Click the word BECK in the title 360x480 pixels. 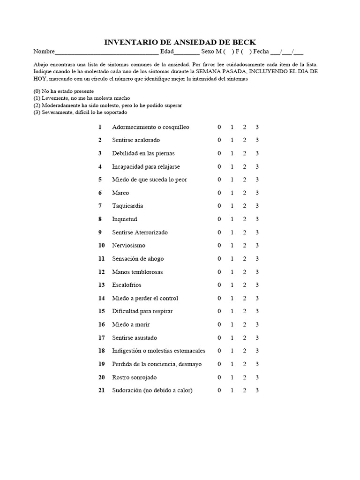point(243,42)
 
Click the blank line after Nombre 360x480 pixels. point(106,52)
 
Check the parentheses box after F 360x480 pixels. point(246,52)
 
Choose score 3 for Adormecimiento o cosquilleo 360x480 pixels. point(257,127)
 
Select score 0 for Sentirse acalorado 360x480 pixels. point(218,140)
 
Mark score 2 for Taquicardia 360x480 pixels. point(244,206)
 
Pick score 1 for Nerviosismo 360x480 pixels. point(232,245)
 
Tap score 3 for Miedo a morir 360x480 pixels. point(257,324)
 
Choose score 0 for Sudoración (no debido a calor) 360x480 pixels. point(218,390)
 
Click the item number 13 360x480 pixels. point(101,285)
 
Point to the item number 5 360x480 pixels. point(100,180)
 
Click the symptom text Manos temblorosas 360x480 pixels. point(137,272)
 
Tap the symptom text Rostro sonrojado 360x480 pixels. point(134,377)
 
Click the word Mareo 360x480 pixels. point(120,193)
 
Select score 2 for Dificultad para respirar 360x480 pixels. point(244,311)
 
